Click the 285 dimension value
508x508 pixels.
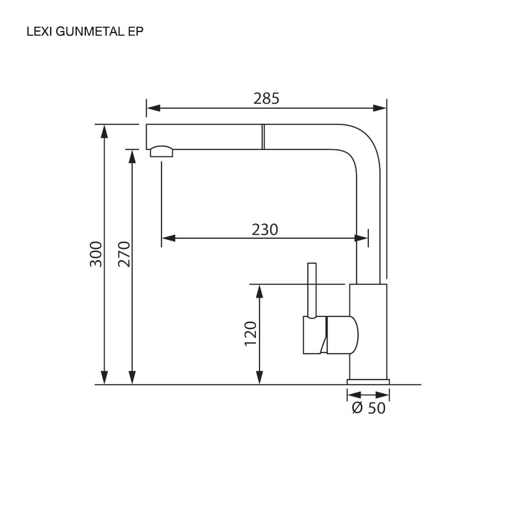click(266, 99)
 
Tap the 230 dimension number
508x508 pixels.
click(265, 230)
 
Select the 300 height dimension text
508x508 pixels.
click(96, 255)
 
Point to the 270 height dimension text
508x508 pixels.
click(124, 255)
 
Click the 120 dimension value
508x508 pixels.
click(250, 334)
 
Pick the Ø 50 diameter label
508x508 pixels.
click(369, 408)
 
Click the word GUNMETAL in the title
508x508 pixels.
click(90, 31)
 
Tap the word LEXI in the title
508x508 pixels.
click(40, 31)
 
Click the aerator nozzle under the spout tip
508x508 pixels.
click(162, 151)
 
